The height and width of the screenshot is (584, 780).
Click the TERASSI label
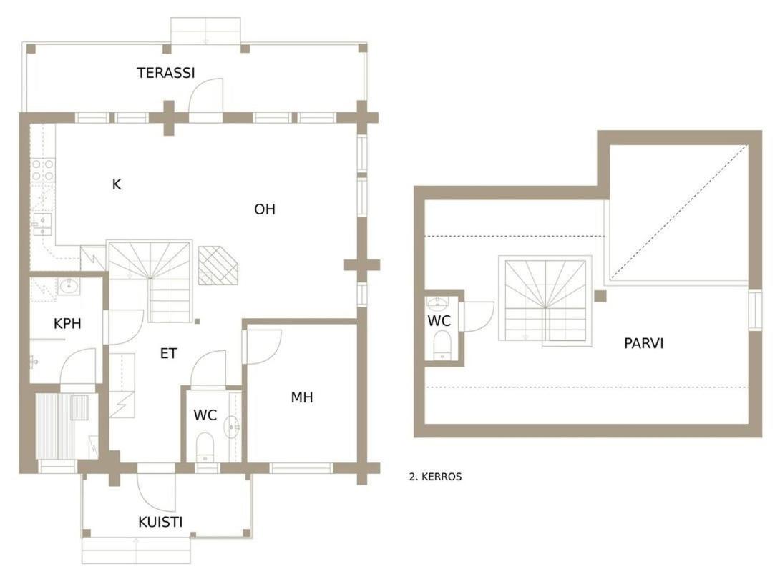point(165,73)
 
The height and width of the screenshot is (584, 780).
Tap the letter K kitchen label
point(117,185)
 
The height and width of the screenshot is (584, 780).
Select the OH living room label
point(265,209)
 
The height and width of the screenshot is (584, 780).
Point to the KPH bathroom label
point(67,324)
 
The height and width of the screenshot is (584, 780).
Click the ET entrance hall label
point(169,353)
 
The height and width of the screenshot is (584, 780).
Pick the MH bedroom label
point(302,397)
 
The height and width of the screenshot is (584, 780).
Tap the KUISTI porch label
point(160,522)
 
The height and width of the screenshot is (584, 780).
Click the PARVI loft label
point(644,343)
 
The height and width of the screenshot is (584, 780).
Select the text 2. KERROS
point(435,477)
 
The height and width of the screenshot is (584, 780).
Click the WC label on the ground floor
point(205,415)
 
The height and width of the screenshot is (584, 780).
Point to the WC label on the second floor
point(439,320)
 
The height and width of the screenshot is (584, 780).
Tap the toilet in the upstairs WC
point(442,345)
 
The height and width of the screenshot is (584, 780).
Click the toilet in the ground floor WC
point(205,447)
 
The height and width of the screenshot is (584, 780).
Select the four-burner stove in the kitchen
point(43,169)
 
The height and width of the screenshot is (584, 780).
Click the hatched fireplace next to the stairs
point(218,266)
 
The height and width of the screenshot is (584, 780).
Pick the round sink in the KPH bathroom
point(68,287)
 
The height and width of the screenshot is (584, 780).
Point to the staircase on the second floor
point(545,301)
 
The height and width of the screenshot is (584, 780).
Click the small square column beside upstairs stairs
point(600,296)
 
